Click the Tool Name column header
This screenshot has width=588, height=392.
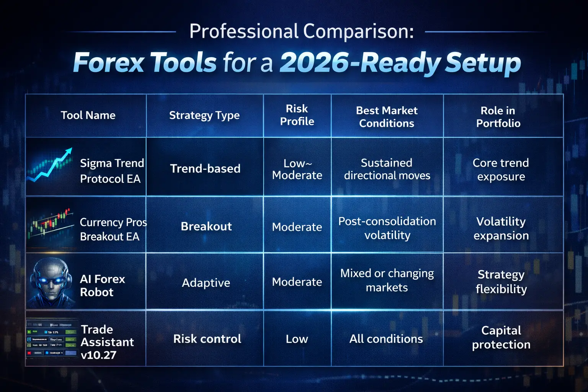[88, 115]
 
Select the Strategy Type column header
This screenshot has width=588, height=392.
[204, 115]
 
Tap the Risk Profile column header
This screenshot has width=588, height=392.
[297, 115]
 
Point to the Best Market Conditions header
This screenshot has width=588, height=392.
[387, 117]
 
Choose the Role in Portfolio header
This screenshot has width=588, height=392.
[498, 117]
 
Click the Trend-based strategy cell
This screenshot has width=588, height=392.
[205, 168]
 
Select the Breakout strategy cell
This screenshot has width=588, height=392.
[206, 226]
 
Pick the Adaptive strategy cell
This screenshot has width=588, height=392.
[206, 283]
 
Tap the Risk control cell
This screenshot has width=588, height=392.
[207, 339]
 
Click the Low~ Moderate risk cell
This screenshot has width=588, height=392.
[297, 169]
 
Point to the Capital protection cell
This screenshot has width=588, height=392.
[501, 337]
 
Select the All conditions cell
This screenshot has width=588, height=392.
[386, 339]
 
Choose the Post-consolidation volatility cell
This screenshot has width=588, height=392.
[387, 228]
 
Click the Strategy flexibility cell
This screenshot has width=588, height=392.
[501, 281]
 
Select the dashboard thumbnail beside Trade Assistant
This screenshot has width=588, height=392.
[52, 339]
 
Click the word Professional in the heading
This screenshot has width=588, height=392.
[243, 31]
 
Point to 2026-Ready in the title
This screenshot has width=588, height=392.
[360, 62]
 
